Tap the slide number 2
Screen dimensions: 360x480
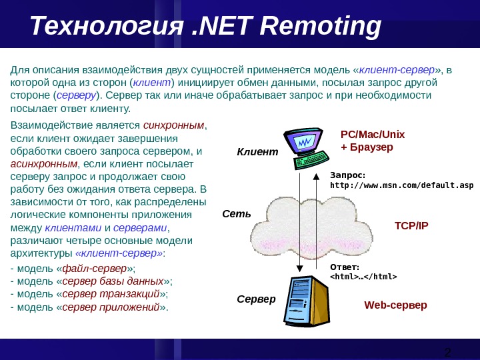(447, 352)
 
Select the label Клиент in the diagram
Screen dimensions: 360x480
(257, 152)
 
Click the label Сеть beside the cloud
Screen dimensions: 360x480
(236, 215)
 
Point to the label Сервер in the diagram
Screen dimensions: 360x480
(256, 299)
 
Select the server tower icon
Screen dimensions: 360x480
(306, 303)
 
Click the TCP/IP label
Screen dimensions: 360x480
(411, 225)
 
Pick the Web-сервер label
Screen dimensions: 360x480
(395, 305)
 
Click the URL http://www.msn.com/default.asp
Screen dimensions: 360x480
(402, 185)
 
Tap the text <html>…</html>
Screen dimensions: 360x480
(363, 277)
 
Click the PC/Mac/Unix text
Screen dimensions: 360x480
(373, 134)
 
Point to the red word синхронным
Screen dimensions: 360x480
(174, 125)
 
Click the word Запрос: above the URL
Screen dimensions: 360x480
(348, 175)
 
